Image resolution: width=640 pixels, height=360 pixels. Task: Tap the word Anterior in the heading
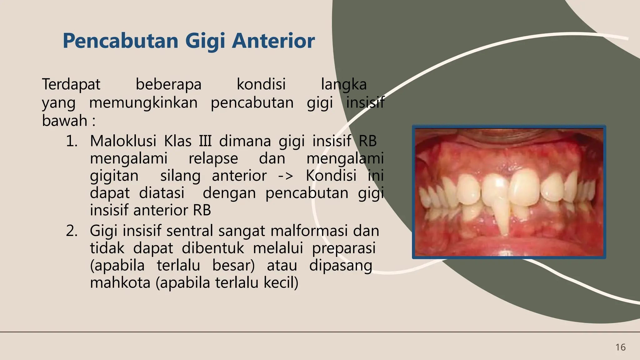(273, 41)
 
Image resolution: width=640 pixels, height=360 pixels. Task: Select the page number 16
(620, 347)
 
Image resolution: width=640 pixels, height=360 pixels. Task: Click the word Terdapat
(71, 84)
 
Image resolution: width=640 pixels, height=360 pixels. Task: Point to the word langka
(344, 84)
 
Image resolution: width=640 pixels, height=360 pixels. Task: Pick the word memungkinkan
(143, 102)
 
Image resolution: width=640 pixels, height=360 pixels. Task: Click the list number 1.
(72, 141)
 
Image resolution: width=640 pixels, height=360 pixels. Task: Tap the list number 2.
(72, 231)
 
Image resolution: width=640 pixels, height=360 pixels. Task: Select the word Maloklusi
(123, 141)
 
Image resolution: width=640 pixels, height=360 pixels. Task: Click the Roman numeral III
(205, 141)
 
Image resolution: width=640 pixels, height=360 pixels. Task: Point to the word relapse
(213, 158)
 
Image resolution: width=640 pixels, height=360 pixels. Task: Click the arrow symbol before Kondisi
(286, 176)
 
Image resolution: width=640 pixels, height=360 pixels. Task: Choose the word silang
(180, 176)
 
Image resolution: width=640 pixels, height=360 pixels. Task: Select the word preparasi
(344, 248)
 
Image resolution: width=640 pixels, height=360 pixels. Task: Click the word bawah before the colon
(64, 121)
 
